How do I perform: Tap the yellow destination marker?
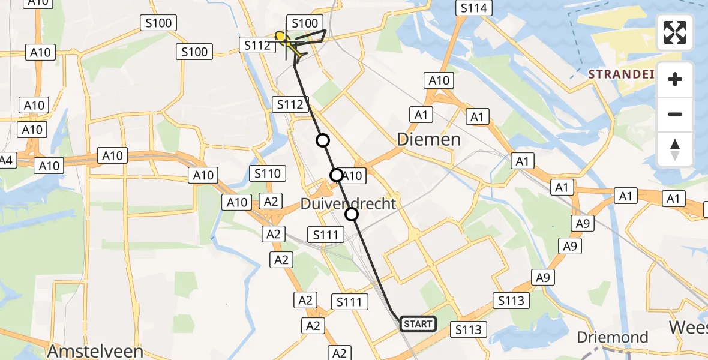pyautogui.click(x=280, y=37)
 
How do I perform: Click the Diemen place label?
pyautogui.click(x=429, y=140)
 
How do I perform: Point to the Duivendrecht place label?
pyautogui.click(x=349, y=204)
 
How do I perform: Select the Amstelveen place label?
pyautogui.click(x=96, y=351)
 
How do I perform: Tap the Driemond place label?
pyautogui.click(x=613, y=337)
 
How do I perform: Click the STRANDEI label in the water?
pyautogui.click(x=620, y=74)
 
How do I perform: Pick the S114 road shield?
pyautogui.click(x=474, y=8)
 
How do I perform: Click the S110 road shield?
pyautogui.click(x=267, y=174)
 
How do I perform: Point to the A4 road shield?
pyautogui.click(x=6, y=160)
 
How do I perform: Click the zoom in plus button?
pyautogui.click(x=675, y=79)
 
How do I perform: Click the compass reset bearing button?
pyautogui.click(x=675, y=149)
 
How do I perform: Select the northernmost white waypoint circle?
pyautogui.click(x=323, y=140)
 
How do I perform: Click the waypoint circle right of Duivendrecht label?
pyautogui.click(x=352, y=214)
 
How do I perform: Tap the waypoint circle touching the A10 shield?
pyautogui.click(x=337, y=175)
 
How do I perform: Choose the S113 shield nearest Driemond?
pyautogui.click(x=469, y=329)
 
